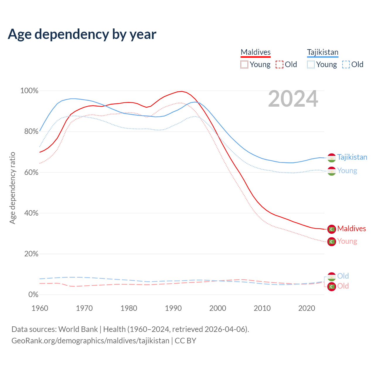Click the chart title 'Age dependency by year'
(x=82, y=34)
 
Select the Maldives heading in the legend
(x=255, y=52)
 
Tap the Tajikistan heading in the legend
(x=323, y=52)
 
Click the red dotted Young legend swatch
(x=244, y=64)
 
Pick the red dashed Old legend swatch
(x=279, y=64)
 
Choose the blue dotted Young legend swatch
(x=311, y=64)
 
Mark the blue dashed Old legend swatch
(x=346, y=64)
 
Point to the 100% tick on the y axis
(x=29, y=91)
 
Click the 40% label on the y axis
(x=31, y=213)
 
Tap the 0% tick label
(x=33, y=295)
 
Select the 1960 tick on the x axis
(x=40, y=308)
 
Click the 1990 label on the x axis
(x=173, y=308)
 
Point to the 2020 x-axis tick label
(x=306, y=308)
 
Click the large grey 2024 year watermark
(x=293, y=99)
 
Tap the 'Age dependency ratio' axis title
(x=12, y=188)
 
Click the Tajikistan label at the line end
(x=352, y=157)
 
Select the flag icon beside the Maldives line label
(x=332, y=229)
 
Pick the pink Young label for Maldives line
(x=347, y=241)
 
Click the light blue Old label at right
(x=343, y=276)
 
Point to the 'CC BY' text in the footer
(x=185, y=341)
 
